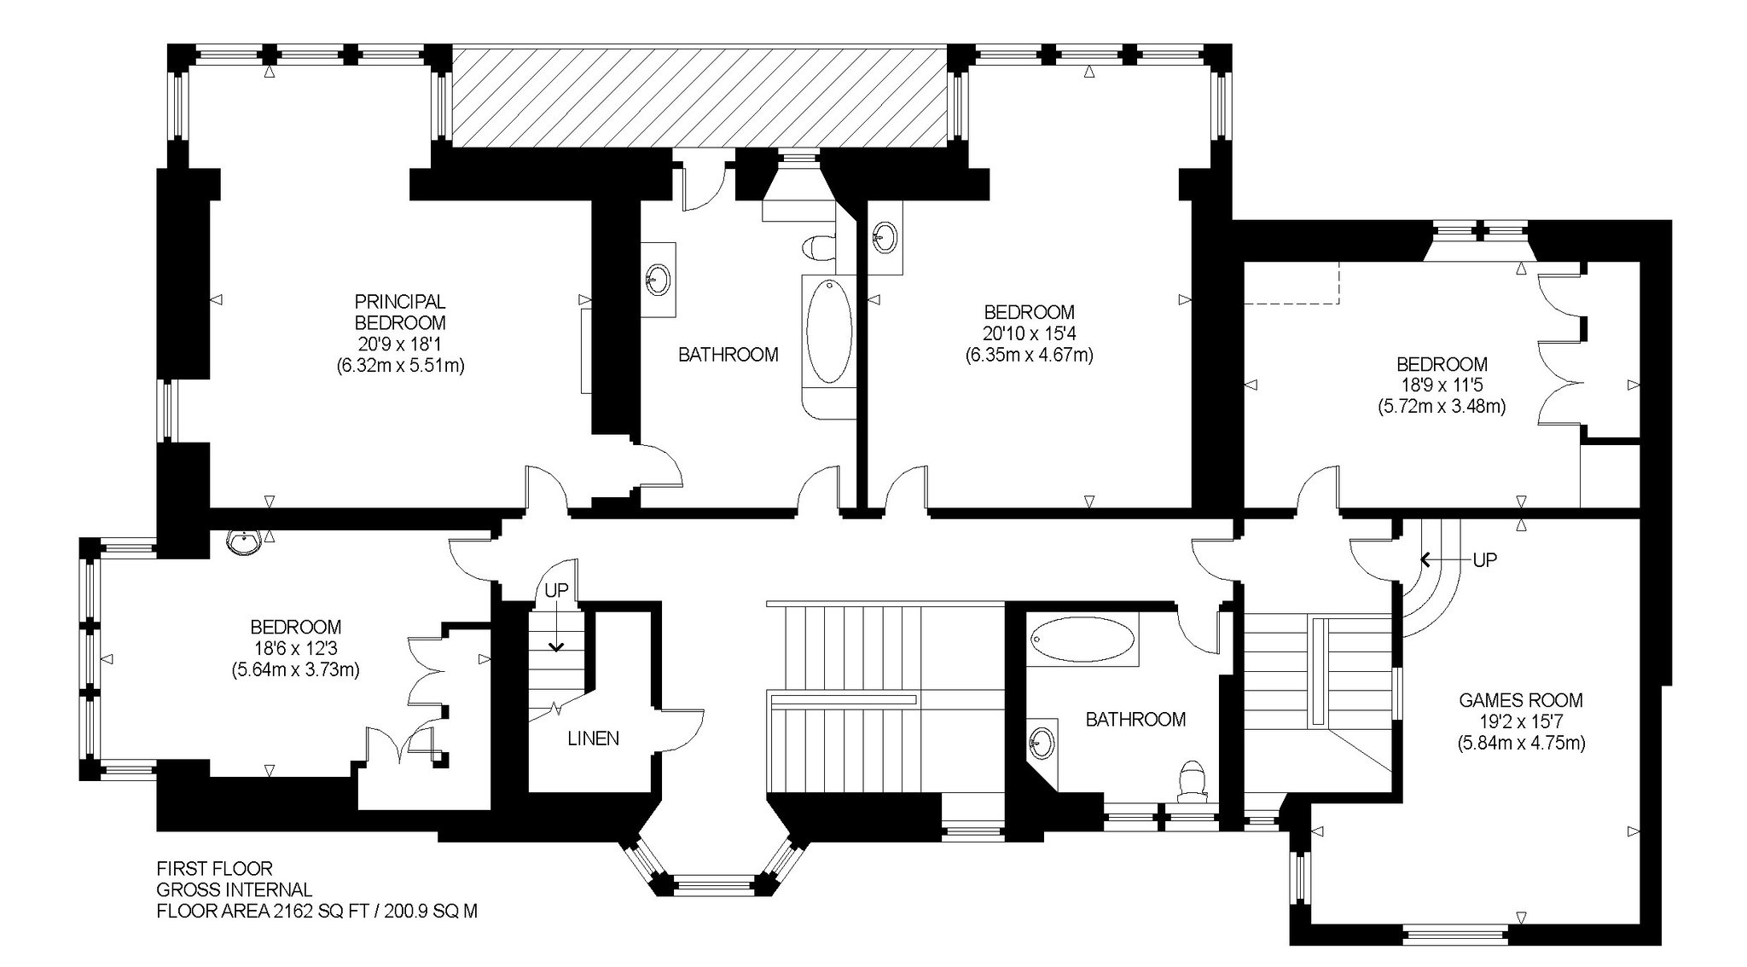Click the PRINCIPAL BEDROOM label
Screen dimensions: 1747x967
pos(400,312)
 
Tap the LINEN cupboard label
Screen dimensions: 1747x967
pos(594,738)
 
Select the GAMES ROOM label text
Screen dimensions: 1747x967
pos(1521,701)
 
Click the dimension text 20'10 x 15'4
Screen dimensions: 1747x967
pos(1029,333)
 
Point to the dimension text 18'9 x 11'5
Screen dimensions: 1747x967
pos(1442,385)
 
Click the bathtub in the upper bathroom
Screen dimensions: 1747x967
pos(829,332)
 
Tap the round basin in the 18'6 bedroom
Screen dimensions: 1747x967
pos(245,542)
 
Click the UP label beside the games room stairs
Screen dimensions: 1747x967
pos(1485,560)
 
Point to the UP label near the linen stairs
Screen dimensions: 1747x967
pos(556,590)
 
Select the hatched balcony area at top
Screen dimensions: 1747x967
pos(699,96)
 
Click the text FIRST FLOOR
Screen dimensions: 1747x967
pos(214,869)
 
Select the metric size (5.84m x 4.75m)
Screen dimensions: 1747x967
pos(1521,743)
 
